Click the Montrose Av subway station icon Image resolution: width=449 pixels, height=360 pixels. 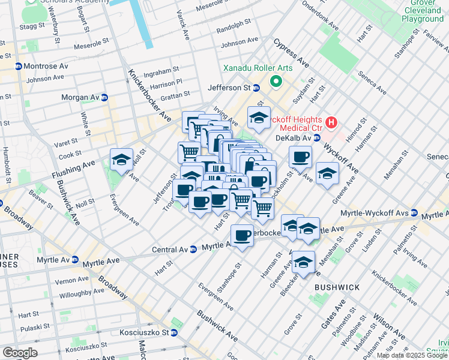19,67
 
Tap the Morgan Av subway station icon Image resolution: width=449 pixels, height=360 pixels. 104,97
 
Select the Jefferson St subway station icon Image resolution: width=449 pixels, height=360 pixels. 256,88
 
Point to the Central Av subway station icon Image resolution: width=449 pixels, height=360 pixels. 193,248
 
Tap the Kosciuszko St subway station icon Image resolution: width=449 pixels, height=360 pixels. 174,332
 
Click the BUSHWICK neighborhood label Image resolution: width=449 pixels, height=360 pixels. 337,287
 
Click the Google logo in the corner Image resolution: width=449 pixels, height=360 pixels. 20,352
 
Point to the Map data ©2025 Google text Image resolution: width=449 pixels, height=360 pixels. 411,355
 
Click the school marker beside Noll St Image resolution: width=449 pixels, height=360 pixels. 121,160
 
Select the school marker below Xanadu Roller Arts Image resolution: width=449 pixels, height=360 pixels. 259,118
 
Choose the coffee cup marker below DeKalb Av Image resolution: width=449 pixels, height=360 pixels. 300,157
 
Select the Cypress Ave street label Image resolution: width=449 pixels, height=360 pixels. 291,53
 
